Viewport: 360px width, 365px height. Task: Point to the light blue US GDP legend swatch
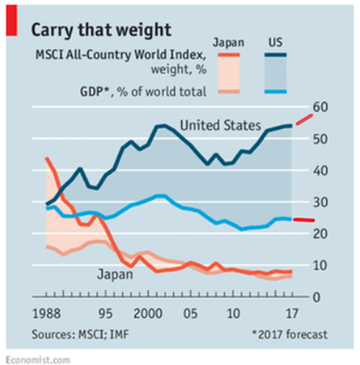276,92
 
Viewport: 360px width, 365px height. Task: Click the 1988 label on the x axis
48,317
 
